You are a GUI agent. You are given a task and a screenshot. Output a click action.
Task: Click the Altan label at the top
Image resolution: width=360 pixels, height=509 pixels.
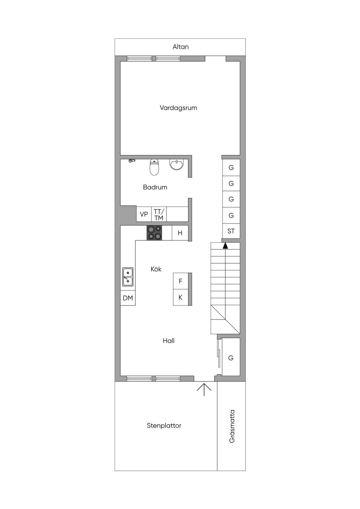tap(180, 47)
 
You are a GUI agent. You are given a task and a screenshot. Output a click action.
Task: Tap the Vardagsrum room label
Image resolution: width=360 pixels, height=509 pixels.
tap(178, 108)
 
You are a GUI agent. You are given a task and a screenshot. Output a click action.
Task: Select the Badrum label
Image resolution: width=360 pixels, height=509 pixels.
tap(155, 187)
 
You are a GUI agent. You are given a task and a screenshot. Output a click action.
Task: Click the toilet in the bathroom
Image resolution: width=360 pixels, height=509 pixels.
tap(154, 167)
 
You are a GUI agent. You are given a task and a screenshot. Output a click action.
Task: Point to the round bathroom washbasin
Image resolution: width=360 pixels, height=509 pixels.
tap(176, 165)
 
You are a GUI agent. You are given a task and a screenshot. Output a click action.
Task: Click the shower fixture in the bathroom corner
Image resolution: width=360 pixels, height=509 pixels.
tap(132, 161)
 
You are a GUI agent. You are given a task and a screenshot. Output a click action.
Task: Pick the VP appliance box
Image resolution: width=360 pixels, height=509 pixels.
tap(144, 214)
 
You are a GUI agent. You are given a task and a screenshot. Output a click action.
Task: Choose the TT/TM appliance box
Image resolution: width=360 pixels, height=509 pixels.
tap(159, 214)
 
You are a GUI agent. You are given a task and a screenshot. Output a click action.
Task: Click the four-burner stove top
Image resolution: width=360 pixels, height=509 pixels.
tap(154, 233)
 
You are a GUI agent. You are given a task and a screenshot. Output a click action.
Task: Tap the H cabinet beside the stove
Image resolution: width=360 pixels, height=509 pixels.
tap(180, 233)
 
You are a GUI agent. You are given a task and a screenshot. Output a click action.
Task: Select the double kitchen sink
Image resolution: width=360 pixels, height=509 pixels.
tap(128, 277)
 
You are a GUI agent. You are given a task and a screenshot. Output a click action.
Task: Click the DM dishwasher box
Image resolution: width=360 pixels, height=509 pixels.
tap(128, 298)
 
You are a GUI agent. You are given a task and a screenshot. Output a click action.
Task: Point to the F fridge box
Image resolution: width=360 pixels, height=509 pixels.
tap(181, 281)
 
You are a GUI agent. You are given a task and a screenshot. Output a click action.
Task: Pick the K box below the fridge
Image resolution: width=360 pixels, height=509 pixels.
tap(181, 297)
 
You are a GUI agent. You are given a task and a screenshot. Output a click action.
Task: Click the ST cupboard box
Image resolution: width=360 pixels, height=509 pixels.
tap(231, 231)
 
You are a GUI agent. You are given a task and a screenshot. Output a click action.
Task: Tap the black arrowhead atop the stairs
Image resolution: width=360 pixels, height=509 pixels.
tap(225, 245)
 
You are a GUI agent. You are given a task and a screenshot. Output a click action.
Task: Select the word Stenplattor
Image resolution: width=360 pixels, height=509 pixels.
tap(164, 426)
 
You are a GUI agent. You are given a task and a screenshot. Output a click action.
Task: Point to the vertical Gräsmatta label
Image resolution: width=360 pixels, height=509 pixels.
tap(232, 426)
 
